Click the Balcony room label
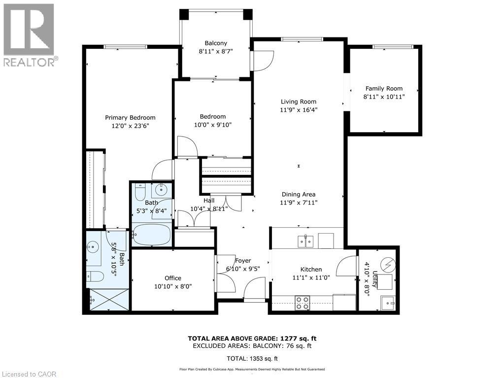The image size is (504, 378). click(x=216, y=43)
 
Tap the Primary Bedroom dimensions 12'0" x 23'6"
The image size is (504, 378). click(x=130, y=126)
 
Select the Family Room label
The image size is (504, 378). click(x=384, y=89)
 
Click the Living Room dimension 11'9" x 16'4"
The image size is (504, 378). click(x=299, y=110)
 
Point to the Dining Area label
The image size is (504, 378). click(x=299, y=194)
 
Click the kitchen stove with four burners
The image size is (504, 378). click(x=302, y=303)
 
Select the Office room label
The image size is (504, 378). click(x=173, y=278)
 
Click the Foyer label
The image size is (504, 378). click(x=243, y=261)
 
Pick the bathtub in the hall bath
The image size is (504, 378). click(x=152, y=235)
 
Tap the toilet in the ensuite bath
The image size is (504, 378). click(x=95, y=276)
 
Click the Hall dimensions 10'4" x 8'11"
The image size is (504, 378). click(x=209, y=208)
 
